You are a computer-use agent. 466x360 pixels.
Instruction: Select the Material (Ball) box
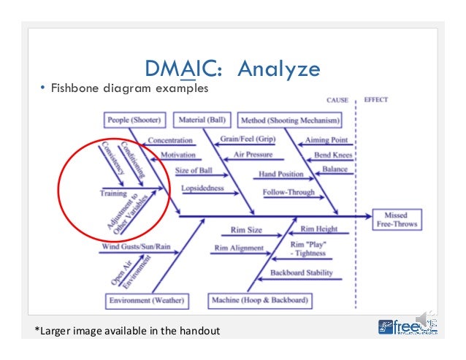click(200, 120)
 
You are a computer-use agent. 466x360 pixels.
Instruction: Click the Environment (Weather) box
click(145, 300)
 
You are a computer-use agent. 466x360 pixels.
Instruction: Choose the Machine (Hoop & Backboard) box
click(259, 300)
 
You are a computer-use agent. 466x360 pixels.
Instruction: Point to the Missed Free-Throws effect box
click(396, 218)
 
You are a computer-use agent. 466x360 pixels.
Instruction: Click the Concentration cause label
click(170, 140)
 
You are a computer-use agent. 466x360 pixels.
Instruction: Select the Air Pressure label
click(253, 155)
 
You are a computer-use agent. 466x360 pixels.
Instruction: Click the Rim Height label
click(319, 229)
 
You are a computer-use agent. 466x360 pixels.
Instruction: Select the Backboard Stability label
click(302, 273)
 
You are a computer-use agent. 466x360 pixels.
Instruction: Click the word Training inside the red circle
click(114, 194)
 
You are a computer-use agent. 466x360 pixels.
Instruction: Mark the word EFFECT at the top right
click(375, 99)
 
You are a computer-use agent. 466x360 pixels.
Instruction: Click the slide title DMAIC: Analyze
click(233, 69)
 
